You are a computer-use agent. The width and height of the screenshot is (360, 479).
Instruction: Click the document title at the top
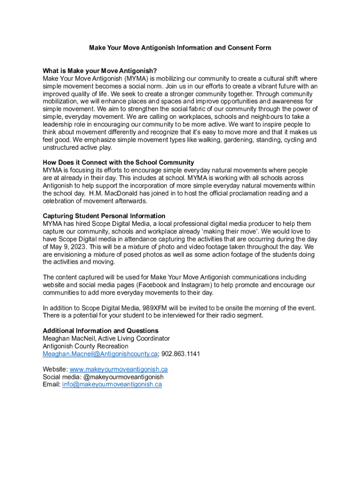tap(180, 48)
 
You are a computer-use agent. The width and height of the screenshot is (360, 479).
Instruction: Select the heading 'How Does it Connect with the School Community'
tap(118, 163)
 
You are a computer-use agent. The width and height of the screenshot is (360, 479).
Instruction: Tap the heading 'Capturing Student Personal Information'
tap(104, 216)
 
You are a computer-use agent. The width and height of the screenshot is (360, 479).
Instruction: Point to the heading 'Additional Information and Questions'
tap(101, 331)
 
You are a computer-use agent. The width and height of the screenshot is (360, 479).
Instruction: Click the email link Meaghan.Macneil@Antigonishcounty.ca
tap(100, 354)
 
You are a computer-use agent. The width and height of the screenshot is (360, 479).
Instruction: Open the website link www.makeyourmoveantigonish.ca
tap(118, 369)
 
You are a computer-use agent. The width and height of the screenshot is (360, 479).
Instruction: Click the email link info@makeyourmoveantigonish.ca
tap(112, 385)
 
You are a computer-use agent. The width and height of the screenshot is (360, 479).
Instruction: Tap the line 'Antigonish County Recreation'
tap(86, 346)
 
